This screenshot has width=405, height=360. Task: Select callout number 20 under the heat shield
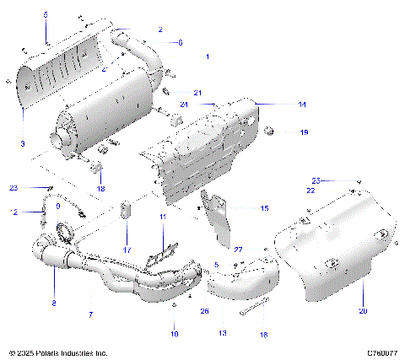click(363, 311)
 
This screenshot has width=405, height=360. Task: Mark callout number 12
click(14, 212)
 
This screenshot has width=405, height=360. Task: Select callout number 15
click(264, 207)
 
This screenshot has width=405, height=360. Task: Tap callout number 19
click(305, 132)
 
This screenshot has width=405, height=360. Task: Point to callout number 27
click(238, 250)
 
